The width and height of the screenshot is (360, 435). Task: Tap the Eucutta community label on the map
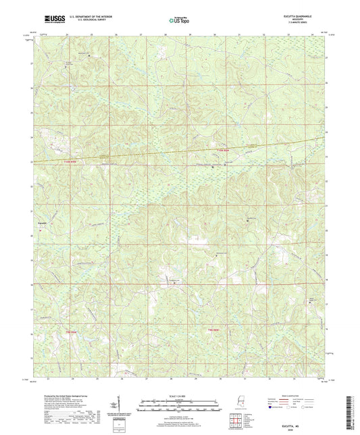point(39,220)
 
